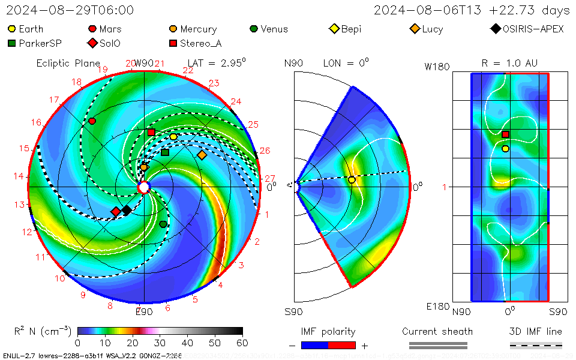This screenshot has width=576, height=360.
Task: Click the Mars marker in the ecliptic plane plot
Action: coord(92,121)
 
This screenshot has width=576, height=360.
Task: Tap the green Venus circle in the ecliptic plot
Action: coord(163,224)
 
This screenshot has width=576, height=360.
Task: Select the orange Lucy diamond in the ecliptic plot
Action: coord(202,155)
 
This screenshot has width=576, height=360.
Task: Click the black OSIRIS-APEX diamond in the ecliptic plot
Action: coord(127,210)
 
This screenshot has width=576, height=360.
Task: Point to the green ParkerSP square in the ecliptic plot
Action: coord(165,152)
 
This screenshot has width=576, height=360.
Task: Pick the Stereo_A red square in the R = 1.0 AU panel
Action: coord(506,134)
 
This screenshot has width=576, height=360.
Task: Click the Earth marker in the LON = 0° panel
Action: coord(352,179)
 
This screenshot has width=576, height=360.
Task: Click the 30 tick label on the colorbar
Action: coord(160,343)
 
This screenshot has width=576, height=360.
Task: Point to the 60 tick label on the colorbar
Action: coord(242,343)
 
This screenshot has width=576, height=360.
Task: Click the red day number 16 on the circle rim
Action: coord(37,122)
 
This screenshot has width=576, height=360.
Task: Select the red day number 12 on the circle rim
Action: coord(27,232)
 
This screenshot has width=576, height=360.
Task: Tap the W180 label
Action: coord(437,67)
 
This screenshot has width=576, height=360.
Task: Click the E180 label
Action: coord(437,307)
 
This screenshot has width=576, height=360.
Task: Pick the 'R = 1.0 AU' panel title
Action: coord(509,63)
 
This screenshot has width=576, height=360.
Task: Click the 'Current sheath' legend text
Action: coord(437,331)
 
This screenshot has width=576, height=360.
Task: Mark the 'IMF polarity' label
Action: coord(328,331)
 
